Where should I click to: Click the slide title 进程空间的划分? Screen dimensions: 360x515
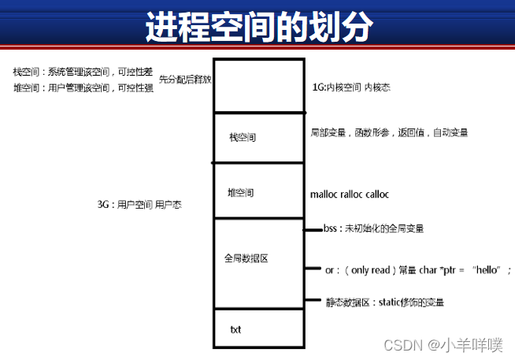(x=258, y=27)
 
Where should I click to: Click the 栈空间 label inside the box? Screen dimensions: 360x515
(x=243, y=138)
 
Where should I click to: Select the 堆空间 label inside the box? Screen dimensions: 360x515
(x=240, y=192)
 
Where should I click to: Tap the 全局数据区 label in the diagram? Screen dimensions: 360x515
(x=246, y=258)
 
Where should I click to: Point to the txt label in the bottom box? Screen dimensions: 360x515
(x=235, y=329)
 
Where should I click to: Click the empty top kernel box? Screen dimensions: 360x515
(x=258, y=85)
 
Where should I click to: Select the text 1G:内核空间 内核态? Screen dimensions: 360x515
(x=351, y=88)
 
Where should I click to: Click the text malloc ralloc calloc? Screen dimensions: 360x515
(x=350, y=194)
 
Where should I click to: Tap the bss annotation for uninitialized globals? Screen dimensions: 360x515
(x=373, y=229)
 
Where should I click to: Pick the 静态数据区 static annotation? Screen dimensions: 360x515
(x=390, y=302)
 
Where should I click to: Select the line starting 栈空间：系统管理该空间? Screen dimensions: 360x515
(x=82, y=72)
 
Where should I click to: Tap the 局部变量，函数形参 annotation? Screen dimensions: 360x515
(x=389, y=133)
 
